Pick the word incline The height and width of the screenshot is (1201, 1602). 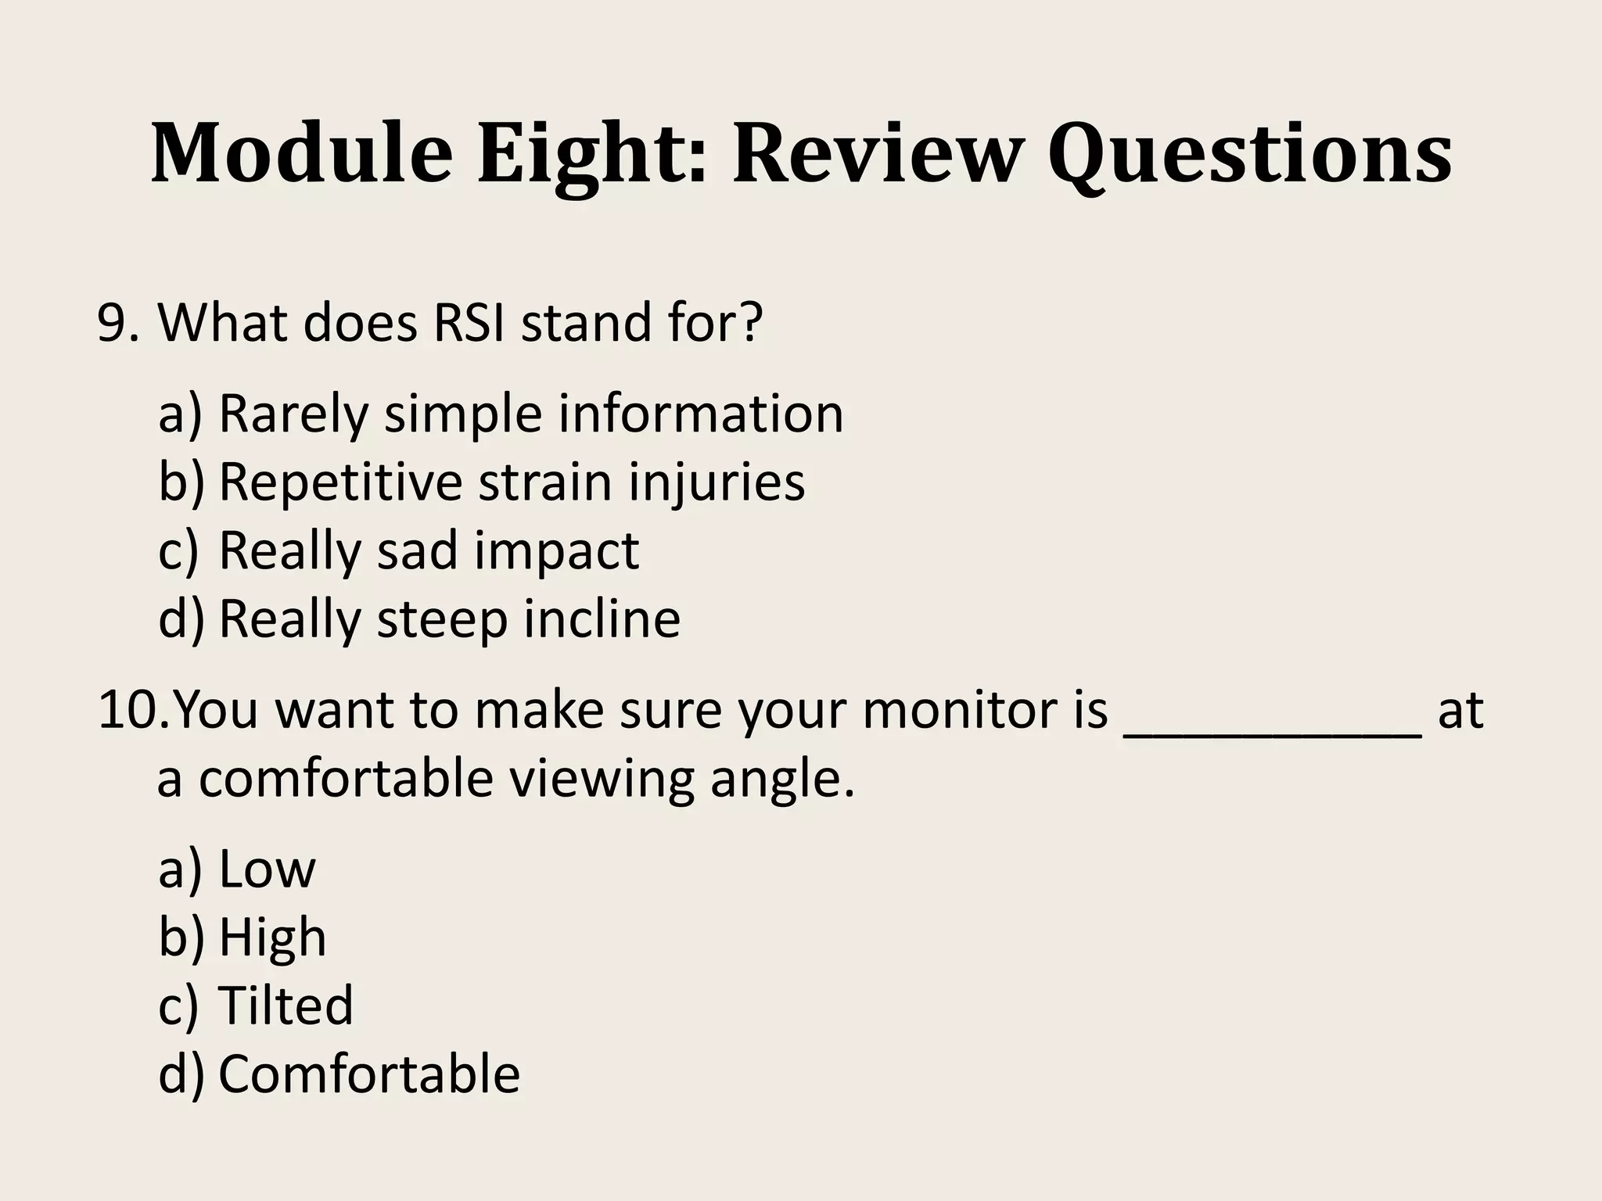tap(602, 618)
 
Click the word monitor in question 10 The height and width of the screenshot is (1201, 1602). tap(985, 710)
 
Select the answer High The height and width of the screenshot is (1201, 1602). tap(272, 937)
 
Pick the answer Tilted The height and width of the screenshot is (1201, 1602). tap(286, 1005)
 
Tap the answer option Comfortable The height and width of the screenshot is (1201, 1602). tap(368, 1074)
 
